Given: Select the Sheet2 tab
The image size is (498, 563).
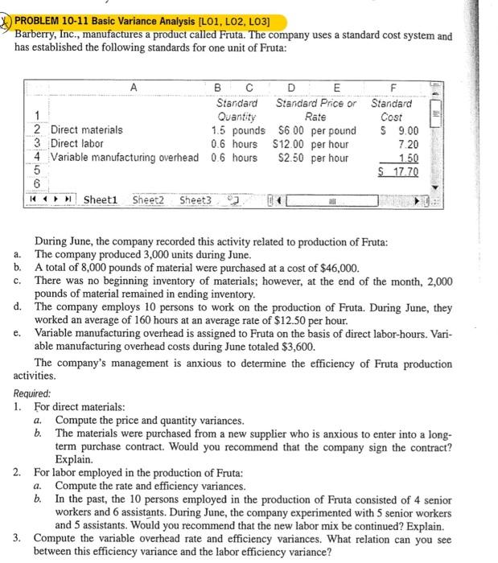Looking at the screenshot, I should pos(149,199).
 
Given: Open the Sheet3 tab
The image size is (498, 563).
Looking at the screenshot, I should pos(196,199).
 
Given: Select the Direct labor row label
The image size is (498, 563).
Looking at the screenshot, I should pos(77,143).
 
